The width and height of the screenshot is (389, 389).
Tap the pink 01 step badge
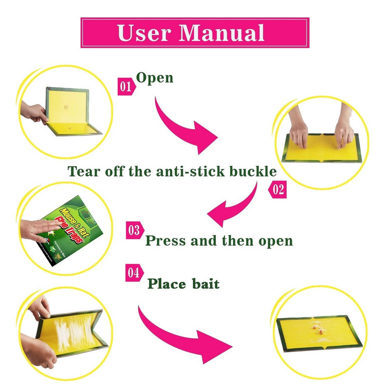(125, 87)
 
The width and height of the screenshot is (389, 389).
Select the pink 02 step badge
(278, 190)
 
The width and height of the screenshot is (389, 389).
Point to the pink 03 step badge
(134, 230)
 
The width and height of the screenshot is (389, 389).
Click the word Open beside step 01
(155, 78)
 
